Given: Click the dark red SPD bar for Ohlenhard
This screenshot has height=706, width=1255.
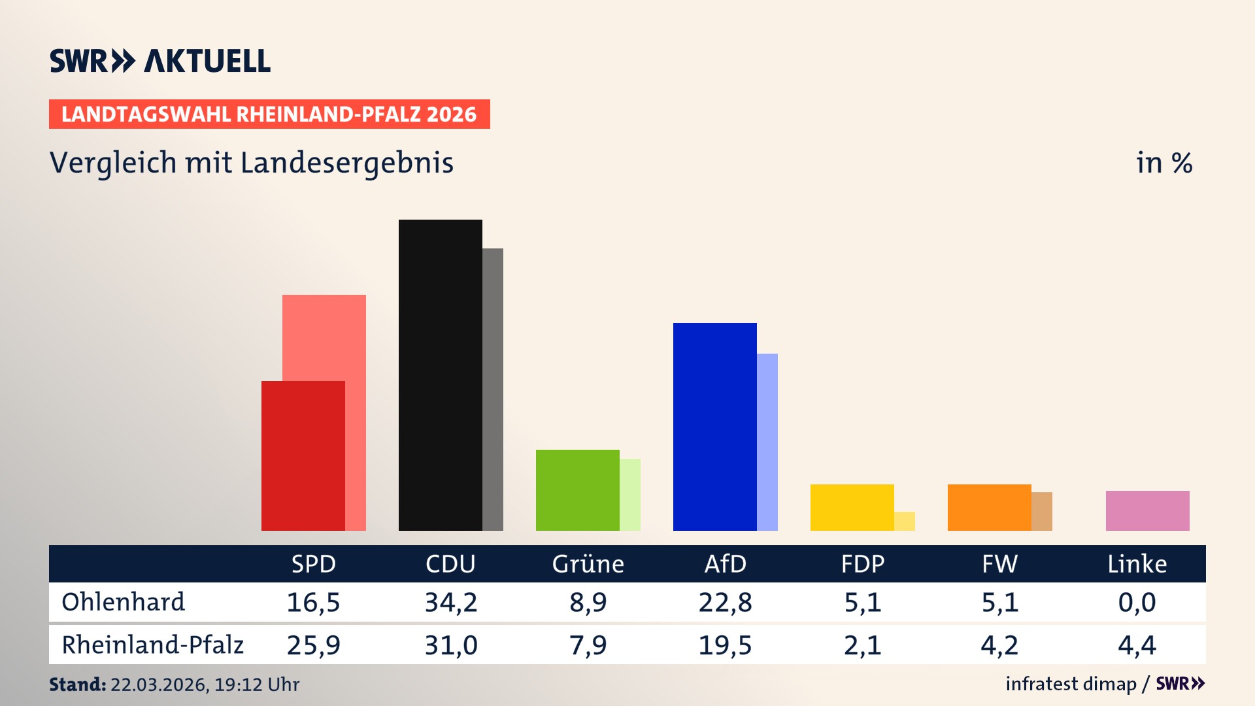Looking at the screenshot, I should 303,456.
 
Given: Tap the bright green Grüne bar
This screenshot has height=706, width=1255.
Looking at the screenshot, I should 577,490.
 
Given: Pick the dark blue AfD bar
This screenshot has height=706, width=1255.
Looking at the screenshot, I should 714,426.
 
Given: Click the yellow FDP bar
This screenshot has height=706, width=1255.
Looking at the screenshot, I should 852,507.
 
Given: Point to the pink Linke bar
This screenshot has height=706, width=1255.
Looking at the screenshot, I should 1147,511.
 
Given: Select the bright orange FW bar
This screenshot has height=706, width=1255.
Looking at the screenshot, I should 989,507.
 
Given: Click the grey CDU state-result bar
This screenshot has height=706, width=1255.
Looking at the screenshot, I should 493,389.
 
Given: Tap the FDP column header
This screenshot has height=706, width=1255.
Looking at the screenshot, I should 862,563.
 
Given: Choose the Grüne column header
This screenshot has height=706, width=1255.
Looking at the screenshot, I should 588,563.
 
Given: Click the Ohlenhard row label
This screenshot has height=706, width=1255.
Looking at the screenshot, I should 123,602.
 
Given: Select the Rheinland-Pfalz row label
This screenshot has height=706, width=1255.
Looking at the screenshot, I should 152,645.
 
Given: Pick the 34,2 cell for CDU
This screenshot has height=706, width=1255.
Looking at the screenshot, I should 451,602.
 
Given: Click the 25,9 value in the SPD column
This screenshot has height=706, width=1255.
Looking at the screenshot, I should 313,645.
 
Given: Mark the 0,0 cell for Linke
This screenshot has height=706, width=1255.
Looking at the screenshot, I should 1137,602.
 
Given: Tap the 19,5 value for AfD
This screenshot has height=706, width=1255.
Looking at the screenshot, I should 725,645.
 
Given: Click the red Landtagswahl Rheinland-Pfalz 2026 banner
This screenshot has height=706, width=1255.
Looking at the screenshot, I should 269,114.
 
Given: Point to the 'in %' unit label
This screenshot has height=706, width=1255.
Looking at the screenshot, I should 1163,163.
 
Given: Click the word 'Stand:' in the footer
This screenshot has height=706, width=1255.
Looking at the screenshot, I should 77,684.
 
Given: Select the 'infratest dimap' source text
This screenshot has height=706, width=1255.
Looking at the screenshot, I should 1070,684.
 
